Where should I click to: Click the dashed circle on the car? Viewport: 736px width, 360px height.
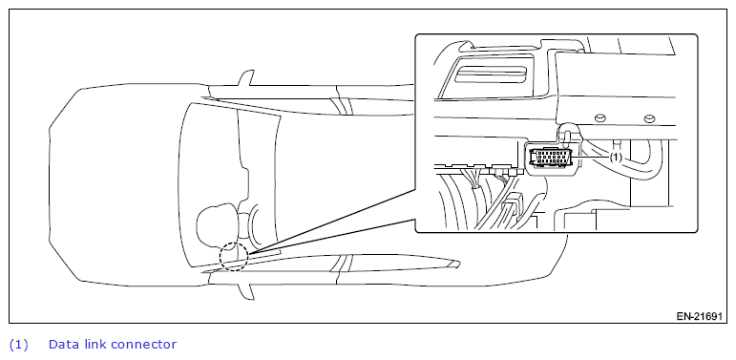(221, 257)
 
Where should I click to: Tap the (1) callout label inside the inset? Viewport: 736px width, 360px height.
(616, 158)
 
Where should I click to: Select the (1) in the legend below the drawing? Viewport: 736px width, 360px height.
(18, 345)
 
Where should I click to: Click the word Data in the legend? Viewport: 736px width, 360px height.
(64, 344)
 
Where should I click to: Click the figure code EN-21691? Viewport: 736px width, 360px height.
(699, 316)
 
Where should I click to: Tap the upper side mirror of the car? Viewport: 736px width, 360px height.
(246, 78)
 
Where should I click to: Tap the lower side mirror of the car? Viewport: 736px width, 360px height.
(246, 291)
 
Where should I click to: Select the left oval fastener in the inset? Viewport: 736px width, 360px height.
(599, 118)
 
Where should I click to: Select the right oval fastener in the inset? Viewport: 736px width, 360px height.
(648, 118)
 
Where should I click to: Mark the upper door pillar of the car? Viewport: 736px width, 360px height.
(340, 106)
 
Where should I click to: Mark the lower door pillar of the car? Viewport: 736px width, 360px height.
(340, 263)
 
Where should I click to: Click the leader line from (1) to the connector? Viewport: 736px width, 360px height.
(595, 158)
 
